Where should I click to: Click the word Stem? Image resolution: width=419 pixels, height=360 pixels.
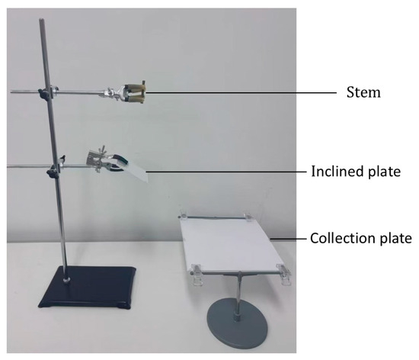[363, 92]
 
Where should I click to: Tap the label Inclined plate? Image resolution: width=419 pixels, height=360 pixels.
[356, 172]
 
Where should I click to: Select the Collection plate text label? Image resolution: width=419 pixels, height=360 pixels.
[361, 238]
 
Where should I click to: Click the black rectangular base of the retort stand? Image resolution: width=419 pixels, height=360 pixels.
[88, 288]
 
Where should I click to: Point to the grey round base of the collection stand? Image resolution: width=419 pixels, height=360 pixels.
[237, 323]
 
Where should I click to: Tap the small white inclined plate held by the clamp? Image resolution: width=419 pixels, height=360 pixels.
[136, 172]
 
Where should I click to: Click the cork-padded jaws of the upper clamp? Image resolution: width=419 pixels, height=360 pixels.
[136, 93]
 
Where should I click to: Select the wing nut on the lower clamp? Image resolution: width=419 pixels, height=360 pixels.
[102, 149]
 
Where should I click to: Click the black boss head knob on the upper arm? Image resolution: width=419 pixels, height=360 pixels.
[43, 93]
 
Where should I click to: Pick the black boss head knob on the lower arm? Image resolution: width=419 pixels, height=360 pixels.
[51, 173]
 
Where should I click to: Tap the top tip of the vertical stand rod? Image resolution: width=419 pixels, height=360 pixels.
[41, 20]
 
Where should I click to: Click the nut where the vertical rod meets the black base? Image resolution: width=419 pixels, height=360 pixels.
[66, 280]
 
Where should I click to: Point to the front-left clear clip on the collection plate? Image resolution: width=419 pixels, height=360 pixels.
[196, 275]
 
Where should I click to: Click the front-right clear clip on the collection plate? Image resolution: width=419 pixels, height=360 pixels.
[284, 274]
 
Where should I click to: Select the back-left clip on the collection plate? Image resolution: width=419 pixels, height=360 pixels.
[184, 215]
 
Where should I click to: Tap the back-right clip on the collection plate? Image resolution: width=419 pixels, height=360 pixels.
[248, 217]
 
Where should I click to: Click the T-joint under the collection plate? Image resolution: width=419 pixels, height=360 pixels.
[239, 275]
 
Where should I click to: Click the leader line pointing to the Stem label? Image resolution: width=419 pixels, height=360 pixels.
[241, 93]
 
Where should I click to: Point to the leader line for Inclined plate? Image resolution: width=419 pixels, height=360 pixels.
[226, 172]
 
